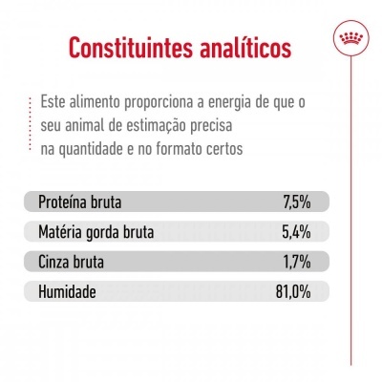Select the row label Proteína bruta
pos(87,202)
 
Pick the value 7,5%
pos(296,202)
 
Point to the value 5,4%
pos(295,232)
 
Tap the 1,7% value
pos(297,261)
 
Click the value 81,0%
pos(291,289)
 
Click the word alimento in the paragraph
pos(103,102)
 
